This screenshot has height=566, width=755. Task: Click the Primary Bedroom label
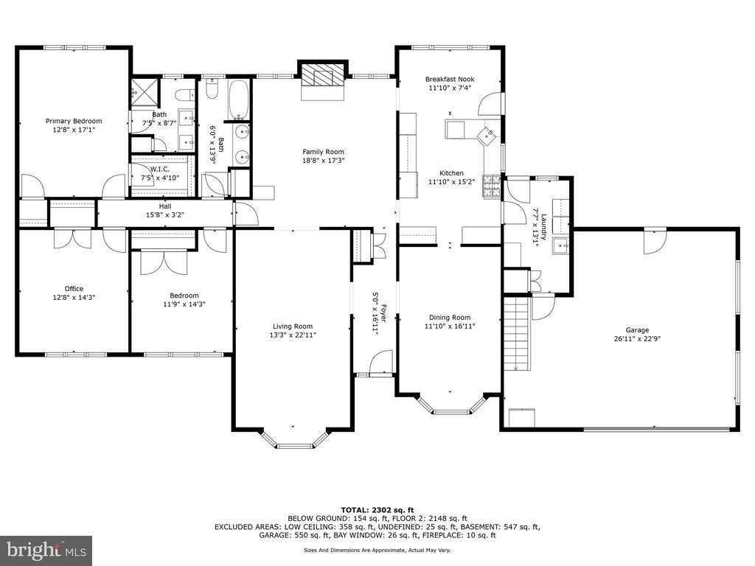[74, 122]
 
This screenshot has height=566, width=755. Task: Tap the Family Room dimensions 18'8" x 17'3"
[323, 161]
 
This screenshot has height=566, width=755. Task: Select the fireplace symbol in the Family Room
[323, 74]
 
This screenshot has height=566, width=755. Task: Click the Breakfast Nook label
[450, 79]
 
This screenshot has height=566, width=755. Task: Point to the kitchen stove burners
[492, 186]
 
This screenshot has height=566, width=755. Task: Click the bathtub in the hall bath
[238, 99]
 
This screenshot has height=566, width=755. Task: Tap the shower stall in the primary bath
[145, 92]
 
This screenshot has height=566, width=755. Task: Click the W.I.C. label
[160, 170]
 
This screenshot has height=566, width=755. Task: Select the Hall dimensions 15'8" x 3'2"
[165, 215]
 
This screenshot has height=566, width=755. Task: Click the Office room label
[74, 289]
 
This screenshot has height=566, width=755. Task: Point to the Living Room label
[292, 326]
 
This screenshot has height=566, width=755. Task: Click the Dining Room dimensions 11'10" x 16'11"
[450, 326]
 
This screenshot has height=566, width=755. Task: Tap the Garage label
[637, 330]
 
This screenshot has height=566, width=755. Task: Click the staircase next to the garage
[517, 333]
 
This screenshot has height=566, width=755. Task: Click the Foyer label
[383, 312]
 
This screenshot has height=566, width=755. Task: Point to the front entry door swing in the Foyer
[382, 362]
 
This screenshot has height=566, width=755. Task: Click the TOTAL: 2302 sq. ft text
[377, 510]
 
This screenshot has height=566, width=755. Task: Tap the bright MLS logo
[46, 551]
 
